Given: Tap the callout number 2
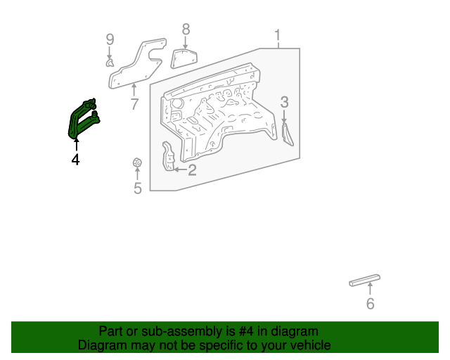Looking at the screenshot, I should point(192,169).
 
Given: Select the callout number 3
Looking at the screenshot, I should point(284,102).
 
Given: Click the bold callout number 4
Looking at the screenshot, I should point(75,160).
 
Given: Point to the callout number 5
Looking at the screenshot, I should point(138,188).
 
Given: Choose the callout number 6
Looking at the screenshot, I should point(370,304).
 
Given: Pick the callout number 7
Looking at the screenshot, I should point(134,105).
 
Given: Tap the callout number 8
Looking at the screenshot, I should point(186,29).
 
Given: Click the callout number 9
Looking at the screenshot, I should point(110,39).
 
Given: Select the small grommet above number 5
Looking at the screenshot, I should point(138,164).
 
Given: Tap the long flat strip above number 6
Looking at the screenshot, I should point(365,280).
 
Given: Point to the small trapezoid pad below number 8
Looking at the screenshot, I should point(183,56).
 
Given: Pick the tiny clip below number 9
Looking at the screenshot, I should point(110,63).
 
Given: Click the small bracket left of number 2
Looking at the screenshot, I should point(168,157).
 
